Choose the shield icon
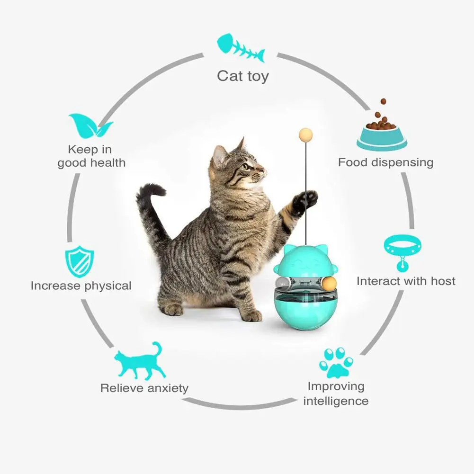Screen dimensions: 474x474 (79, 260)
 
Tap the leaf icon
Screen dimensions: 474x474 (90, 125)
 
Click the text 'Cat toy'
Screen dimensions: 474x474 (242, 76)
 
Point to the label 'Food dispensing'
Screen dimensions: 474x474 (385, 162)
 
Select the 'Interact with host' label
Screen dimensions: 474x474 (406, 281)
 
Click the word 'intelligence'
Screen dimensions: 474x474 (335, 401)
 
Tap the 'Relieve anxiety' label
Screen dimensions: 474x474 (144, 388)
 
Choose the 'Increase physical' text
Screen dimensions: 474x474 (81, 286)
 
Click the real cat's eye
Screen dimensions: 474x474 (246, 166)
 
